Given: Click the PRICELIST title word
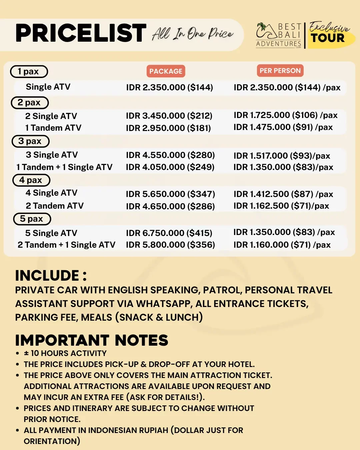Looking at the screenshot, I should (x=81, y=33).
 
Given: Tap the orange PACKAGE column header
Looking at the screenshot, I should (x=166, y=71).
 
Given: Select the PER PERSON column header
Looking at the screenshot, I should (x=280, y=71).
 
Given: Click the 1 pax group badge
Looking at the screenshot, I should (x=29, y=72).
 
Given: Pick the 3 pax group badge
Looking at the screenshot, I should (x=30, y=141).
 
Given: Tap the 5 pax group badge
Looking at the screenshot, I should (x=32, y=219).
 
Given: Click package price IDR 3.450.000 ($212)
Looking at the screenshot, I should (x=169, y=116).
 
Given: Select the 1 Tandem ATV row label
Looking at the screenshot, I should (x=53, y=128).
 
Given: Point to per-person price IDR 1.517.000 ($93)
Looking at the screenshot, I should (x=282, y=156).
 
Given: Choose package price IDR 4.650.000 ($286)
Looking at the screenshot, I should (x=170, y=206).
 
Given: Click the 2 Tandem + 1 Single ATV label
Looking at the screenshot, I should (x=66, y=245).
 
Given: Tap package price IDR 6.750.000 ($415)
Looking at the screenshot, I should (x=169, y=233).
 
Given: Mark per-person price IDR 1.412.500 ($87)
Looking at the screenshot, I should (x=283, y=194).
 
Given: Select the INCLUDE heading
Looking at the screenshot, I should (x=51, y=276).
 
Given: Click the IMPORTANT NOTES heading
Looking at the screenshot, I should (x=92, y=340).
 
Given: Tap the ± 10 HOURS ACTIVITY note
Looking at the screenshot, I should (x=65, y=353).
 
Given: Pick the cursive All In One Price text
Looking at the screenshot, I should (x=193, y=34).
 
